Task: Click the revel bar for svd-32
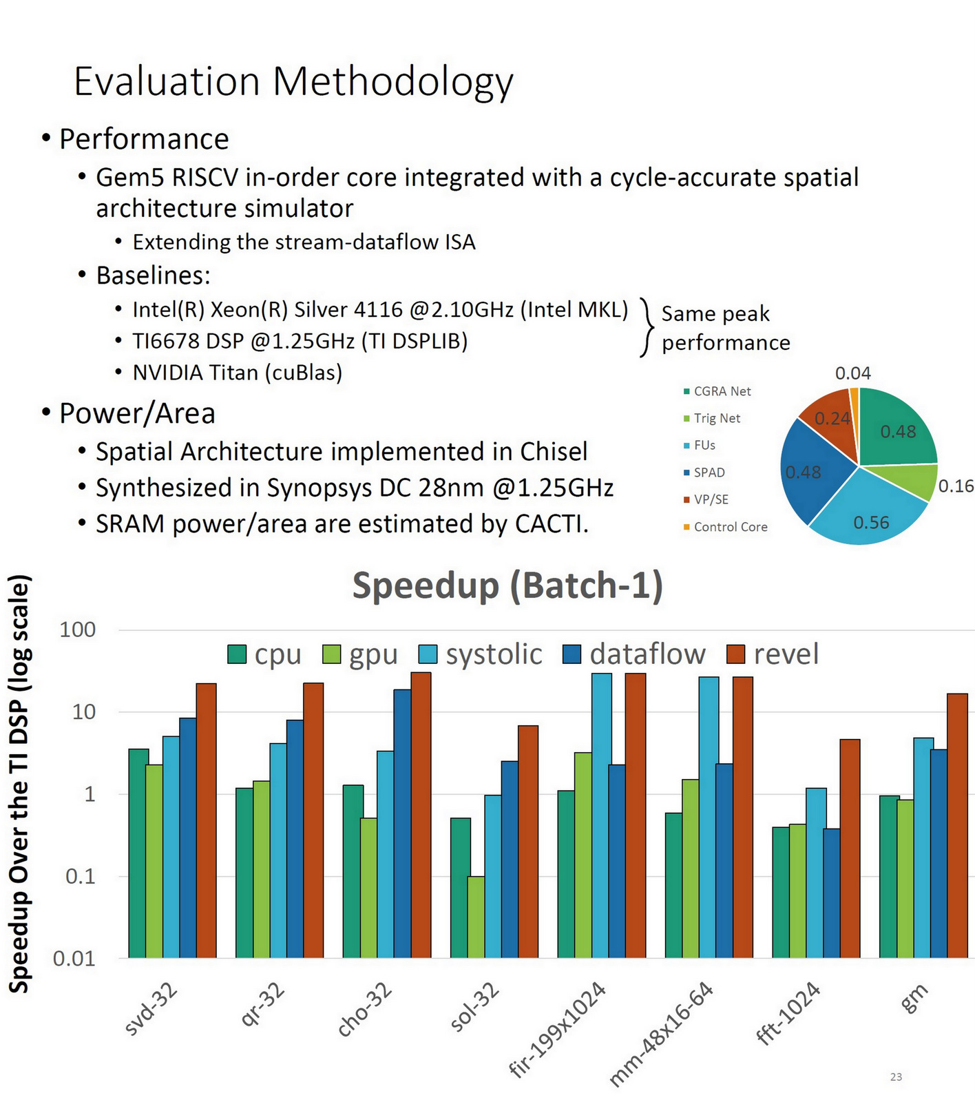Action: point(206,820)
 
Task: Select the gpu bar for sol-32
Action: point(475,916)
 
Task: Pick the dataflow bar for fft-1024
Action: point(832,893)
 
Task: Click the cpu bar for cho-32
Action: point(353,871)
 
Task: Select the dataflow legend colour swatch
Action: point(572,654)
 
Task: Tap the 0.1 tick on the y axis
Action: point(80,877)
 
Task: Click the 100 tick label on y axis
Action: point(77,630)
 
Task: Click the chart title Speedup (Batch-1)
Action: point(507,586)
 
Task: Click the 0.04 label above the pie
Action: point(852,373)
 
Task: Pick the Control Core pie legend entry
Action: point(730,527)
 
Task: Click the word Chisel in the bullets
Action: point(554,452)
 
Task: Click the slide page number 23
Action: point(896,1077)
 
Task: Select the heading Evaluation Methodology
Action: point(293,82)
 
